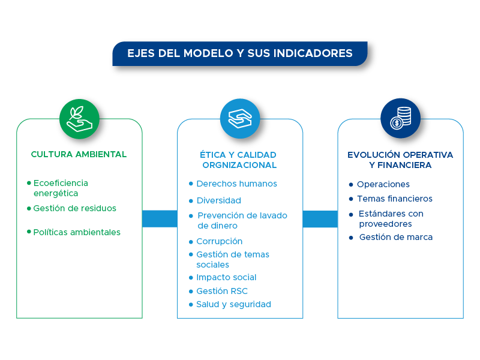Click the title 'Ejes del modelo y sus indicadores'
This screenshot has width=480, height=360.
click(x=240, y=53)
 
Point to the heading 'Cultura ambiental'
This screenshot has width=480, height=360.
click(x=79, y=154)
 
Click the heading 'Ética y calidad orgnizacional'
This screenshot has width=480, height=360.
click(x=239, y=160)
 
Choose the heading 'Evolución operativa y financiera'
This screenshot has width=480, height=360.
click(x=400, y=160)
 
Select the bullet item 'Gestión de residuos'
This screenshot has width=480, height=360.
click(x=74, y=208)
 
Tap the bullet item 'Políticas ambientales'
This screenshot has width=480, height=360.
click(x=77, y=232)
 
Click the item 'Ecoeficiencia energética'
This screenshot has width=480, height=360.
click(x=60, y=188)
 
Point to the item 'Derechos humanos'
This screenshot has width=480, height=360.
click(x=236, y=184)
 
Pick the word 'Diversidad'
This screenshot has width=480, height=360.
click(x=218, y=200)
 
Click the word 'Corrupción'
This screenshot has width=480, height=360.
click(x=219, y=241)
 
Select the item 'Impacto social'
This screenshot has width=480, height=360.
click(x=226, y=277)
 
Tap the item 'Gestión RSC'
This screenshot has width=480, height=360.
click(x=221, y=291)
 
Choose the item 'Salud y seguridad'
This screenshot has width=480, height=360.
click(x=233, y=304)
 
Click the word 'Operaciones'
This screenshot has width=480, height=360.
click(x=383, y=184)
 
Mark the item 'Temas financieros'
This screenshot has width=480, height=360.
click(x=394, y=199)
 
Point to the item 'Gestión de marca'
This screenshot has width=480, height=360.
click(x=395, y=237)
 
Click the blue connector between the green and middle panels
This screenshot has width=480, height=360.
click(x=160, y=219)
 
